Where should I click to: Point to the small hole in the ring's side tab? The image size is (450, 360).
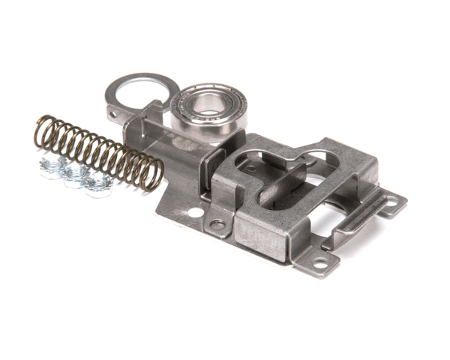(113, 115)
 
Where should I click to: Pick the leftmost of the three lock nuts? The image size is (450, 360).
(52, 168)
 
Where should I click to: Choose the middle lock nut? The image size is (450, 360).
(75, 176)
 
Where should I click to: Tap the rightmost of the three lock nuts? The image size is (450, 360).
(96, 184)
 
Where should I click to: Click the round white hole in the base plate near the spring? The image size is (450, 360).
(195, 213)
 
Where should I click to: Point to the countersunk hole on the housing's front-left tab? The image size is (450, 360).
(217, 224)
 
